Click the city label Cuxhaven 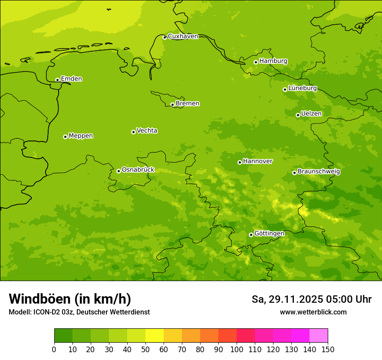[183, 36]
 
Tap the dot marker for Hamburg [256, 62]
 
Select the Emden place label [71, 79]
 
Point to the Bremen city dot [172, 105]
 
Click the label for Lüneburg [302, 88]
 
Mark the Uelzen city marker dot [298, 115]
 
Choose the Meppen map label [81, 136]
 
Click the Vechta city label [147, 131]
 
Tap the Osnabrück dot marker [119, 171]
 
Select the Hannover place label [257, 161]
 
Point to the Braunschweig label [319, 172]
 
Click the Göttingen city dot [251, 235]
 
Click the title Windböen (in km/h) [69, 299]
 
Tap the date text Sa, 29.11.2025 [287, 299]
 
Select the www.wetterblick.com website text [313, 312]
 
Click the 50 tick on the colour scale [145, 349]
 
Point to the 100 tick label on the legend [237, 349]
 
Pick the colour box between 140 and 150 [319, 336]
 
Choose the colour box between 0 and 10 [63, 336]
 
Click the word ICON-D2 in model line [46, 312]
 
